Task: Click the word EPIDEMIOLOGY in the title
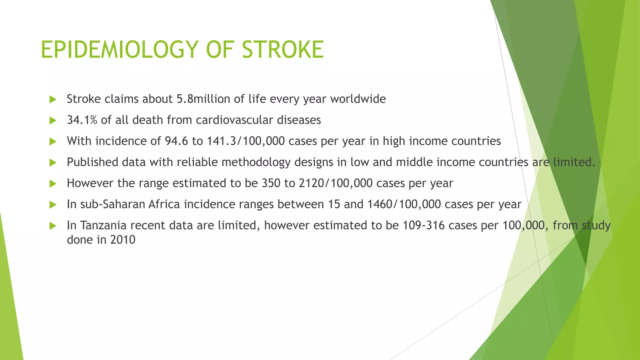coord(119,50)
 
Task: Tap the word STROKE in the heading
coord(283,50)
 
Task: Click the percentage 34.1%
coord(82,120)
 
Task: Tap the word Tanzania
coord(103,225)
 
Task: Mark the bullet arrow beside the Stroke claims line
coord(53,100)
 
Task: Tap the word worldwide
coord(358,99)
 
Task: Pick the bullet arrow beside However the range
coord(53,184)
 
